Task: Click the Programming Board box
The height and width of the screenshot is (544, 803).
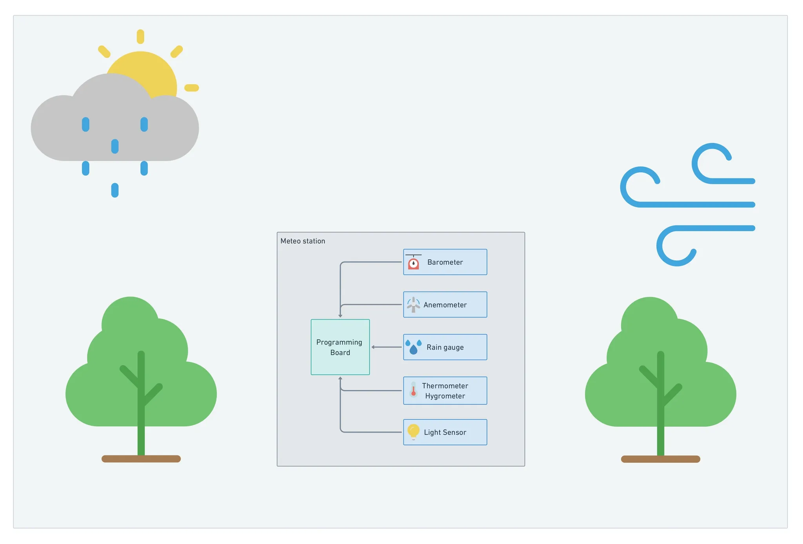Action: [x=340, y=347]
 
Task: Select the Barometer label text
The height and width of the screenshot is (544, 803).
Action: [x=445, y=262]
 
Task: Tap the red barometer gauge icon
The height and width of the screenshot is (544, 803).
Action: [x=413, y=263]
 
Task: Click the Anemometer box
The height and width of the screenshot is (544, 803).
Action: [x=445, y=304]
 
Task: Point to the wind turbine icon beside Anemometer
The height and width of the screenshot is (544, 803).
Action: [x=413, y=304]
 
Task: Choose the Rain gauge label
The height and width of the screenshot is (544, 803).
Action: [x=445, y=347]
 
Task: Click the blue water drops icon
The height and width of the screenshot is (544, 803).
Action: [x=413, y=347]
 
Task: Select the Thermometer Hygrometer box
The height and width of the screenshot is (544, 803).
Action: [x=445, y=391]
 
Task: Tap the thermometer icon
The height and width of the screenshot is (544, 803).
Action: [x=413, y=390]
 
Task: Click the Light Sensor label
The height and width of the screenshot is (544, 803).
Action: [x=445, y=432]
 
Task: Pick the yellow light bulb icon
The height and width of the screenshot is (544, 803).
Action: [x=413, y=431]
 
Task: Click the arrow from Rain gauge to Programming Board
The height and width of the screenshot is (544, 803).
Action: [x=387, y=347]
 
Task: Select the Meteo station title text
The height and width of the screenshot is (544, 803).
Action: [x=303, y=241]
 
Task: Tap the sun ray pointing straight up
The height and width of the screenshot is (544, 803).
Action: [x=140, y=36]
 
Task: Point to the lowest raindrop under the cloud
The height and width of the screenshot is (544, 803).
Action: [x=115, y=190]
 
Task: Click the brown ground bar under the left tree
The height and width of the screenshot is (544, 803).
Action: [x=141, y=459]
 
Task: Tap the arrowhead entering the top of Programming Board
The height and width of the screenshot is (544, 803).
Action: [x=340, y=315]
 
